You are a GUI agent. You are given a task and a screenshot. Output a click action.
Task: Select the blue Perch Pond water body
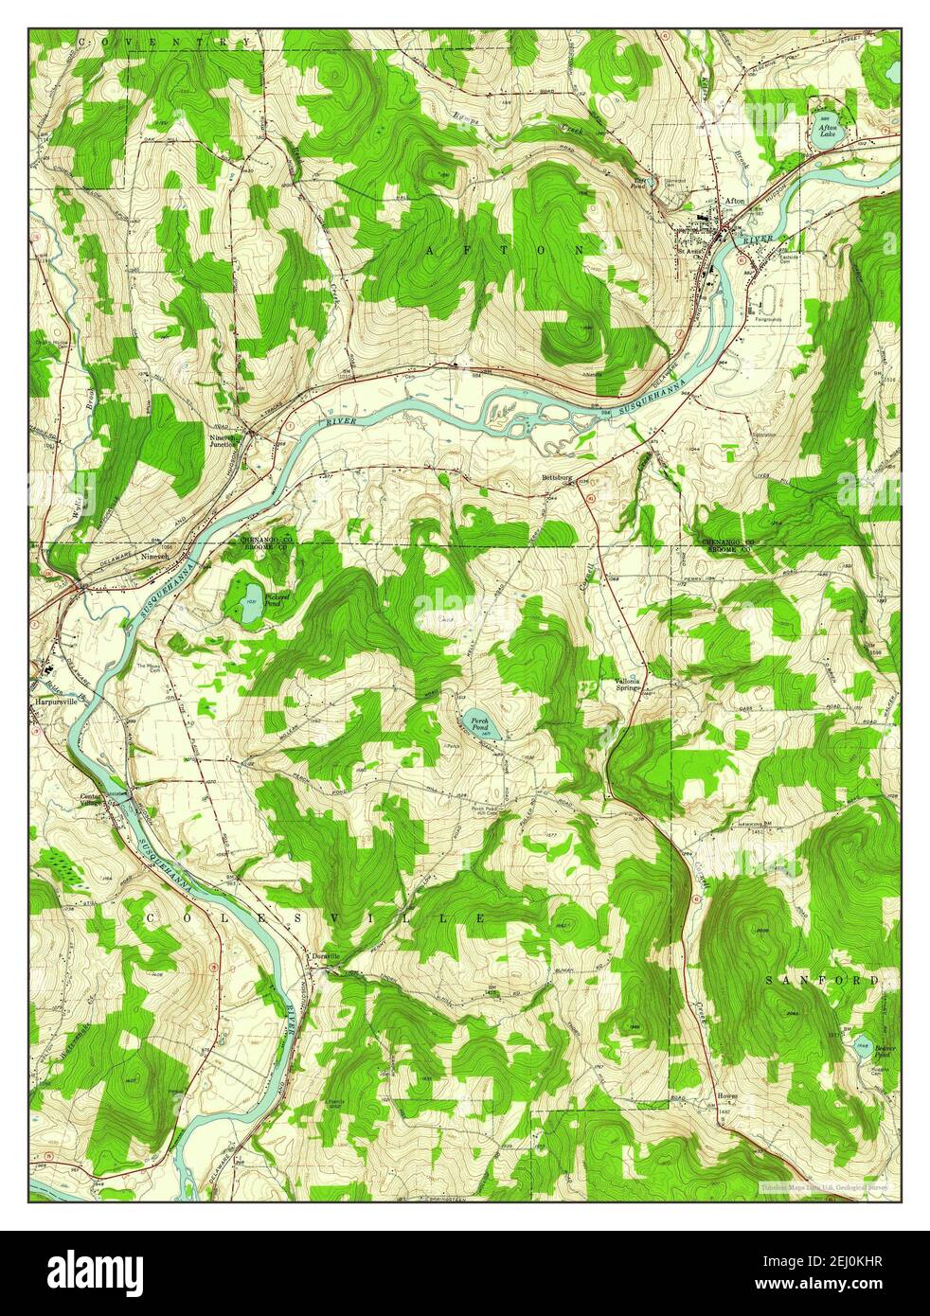pyautogui.click(x=478, y=724)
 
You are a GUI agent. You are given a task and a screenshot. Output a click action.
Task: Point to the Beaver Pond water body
pyautogui.click(x=863, y=1049)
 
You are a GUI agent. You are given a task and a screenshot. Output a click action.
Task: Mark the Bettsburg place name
pyautogui.click(x=559, y=477)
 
